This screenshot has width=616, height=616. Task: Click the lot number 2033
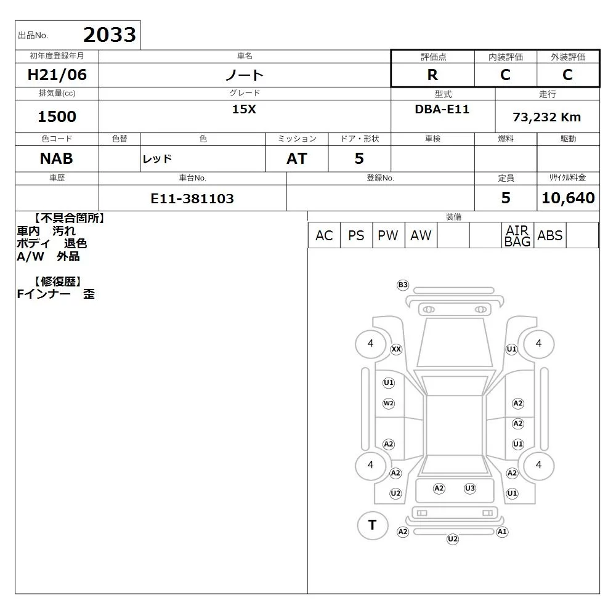tap(110, 35)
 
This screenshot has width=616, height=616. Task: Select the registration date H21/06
tap(57, 75)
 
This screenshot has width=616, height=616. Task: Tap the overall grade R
tap(432, 75)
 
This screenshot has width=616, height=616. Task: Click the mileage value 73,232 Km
tap(546, 117)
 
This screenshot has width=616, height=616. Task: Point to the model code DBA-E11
tap(442, 109)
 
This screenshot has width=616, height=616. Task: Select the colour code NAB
tap(57, 159)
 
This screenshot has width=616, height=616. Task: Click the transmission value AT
tap(297, 159)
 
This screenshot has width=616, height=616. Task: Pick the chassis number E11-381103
tap(192, 198)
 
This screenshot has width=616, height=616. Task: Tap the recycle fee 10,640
tap(568, 198)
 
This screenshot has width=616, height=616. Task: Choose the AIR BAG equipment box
tap(517, 235)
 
